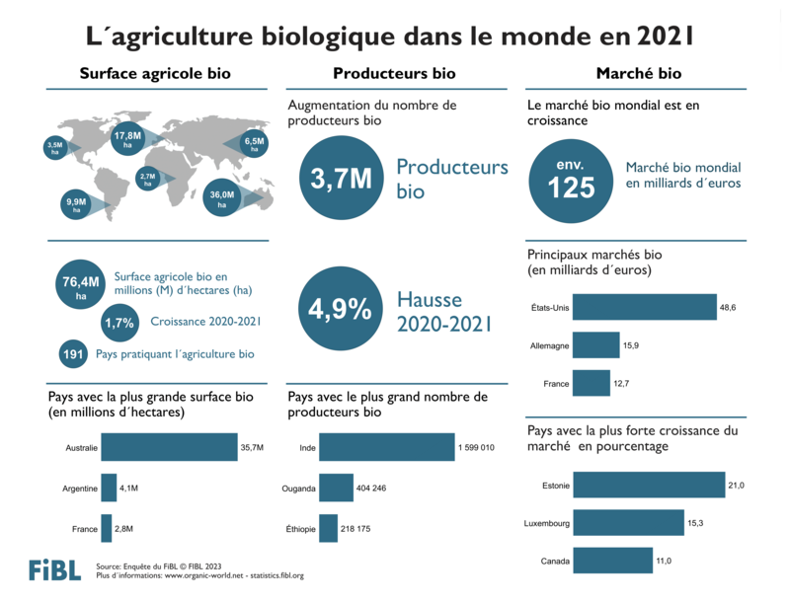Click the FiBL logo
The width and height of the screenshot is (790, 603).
[x=55, y=569]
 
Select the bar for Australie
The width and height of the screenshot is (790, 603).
[x=169, y=448]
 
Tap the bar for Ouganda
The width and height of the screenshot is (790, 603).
[x=336, y=488]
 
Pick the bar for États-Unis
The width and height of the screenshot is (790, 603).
[x=644, y=308]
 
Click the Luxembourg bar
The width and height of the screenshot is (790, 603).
[x=628, y=523]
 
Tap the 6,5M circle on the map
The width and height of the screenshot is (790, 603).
[x=255, y=143]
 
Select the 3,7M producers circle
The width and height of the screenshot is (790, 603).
[x=341, y=179]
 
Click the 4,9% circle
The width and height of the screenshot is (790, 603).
[x=341, y=309]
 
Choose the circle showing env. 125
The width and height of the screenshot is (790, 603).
[x=572, y=180]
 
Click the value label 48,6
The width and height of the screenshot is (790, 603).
[x=729, y=308]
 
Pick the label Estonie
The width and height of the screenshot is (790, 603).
[x=555, y=485]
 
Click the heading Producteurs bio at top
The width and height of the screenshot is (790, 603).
[x=394, y=73]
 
